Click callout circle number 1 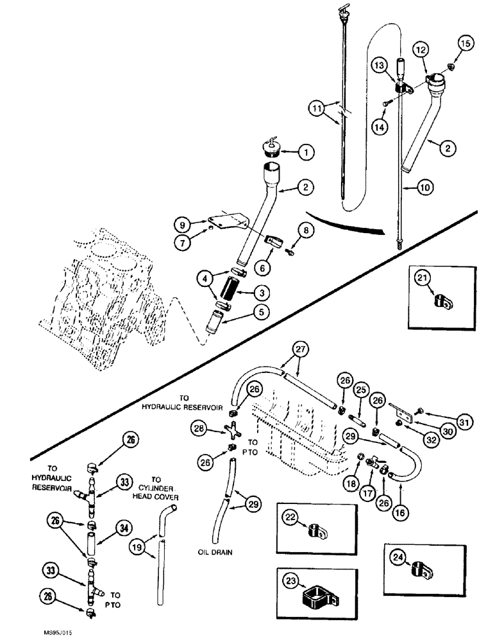click(x=306, y=152)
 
